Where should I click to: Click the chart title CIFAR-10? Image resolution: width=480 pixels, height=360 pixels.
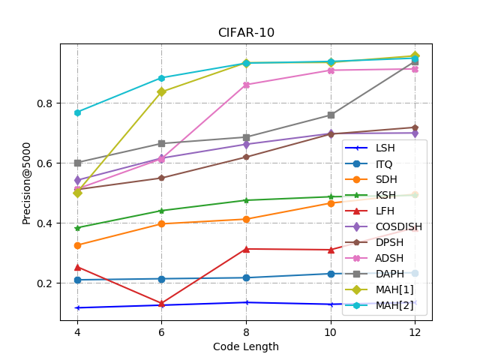(x=246, y=33)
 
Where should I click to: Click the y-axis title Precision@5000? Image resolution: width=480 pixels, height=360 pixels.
(x=27, y=182)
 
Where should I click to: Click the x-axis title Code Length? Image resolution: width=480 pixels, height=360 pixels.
(x=246, y=346)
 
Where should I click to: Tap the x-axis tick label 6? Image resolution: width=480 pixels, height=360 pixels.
(x=161, y=331)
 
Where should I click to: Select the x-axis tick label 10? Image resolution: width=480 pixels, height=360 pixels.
(x=331, y=331)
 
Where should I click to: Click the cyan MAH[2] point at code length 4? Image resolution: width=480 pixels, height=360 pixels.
(x=77, y=112)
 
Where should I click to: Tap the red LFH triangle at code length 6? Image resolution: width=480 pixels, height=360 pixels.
(x=161, y=304)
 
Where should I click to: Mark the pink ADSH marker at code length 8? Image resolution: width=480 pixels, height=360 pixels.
(x=246, y=85)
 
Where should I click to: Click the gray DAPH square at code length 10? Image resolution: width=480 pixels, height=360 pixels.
(x=331, y=115)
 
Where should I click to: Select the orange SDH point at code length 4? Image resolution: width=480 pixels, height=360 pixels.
(x=77, y=245)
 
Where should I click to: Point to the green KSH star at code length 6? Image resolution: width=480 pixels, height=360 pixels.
(x=161, y=211)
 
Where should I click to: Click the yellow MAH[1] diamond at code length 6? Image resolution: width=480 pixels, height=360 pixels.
(x=161, y=91)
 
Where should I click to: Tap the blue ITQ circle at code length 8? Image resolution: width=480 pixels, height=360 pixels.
(x=246, y=277)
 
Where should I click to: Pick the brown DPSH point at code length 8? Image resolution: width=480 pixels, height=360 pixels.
(x=246, y=157)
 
